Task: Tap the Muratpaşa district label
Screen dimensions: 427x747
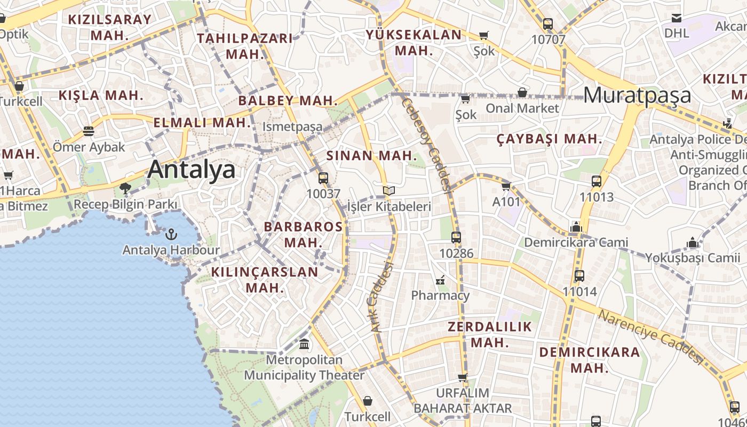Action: click(637, 96)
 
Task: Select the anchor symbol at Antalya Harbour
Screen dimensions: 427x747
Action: click(171, 234)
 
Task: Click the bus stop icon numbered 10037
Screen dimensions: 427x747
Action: click(323, 178)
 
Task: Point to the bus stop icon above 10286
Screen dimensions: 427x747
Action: click(456, 238)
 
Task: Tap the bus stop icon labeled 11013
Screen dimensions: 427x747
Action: click(597, 181)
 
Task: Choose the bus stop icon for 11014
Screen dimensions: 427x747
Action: click(579, 276)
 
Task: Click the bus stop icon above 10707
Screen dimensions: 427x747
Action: click(548, 24)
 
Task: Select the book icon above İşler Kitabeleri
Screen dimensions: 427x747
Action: click(388, 191)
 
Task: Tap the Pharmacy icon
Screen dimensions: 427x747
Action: click(441, 279)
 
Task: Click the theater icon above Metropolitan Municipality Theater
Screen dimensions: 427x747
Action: click(304, 344)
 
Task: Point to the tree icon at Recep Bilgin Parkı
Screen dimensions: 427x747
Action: click(125, 188)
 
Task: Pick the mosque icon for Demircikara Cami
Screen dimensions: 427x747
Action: click(576, 227)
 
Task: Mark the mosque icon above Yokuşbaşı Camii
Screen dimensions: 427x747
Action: click(693, 242)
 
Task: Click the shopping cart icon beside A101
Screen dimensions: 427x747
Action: click(506, 186)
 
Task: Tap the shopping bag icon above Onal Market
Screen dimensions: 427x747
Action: click(522, 92)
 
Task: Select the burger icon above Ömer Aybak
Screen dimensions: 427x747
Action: click(89, 131)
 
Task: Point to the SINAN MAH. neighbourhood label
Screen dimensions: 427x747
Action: click(371, 156)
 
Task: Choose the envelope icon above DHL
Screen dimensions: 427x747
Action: click(677, 18)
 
